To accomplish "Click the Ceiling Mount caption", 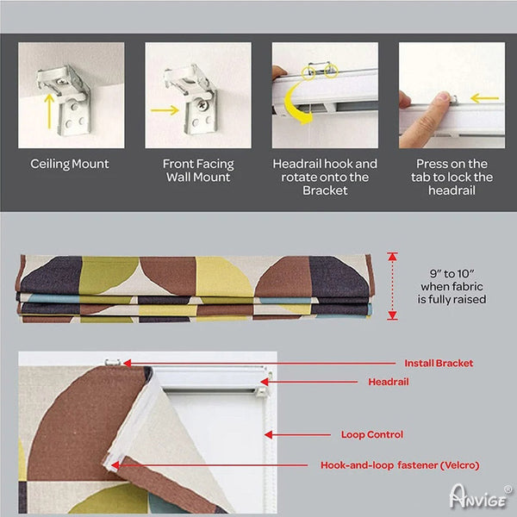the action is click(70, 165).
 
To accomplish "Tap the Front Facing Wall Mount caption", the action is click(198, 171).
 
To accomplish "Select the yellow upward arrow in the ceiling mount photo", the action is click(49, 111).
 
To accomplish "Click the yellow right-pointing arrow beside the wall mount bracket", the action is click(165, 110).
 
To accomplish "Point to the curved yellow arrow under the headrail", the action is click(295, 105).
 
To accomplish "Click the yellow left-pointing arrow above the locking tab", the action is click(484, 98).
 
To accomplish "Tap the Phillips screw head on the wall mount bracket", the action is click(202, 105).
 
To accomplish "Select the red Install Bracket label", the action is click(439, 364).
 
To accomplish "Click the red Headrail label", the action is click(389, 382).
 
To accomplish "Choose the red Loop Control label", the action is click(372, 434).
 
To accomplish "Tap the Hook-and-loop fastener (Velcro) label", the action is click(400, 465).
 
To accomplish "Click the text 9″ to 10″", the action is click(452, 274).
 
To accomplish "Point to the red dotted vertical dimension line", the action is click(392, 286).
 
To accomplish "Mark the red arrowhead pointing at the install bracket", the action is click(128, 363).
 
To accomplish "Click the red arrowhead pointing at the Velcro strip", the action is click(115, 465).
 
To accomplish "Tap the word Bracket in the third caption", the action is click(325, 190).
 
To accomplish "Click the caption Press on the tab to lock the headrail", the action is click(452, 177).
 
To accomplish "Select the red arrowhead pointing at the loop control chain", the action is click(268, 434).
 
